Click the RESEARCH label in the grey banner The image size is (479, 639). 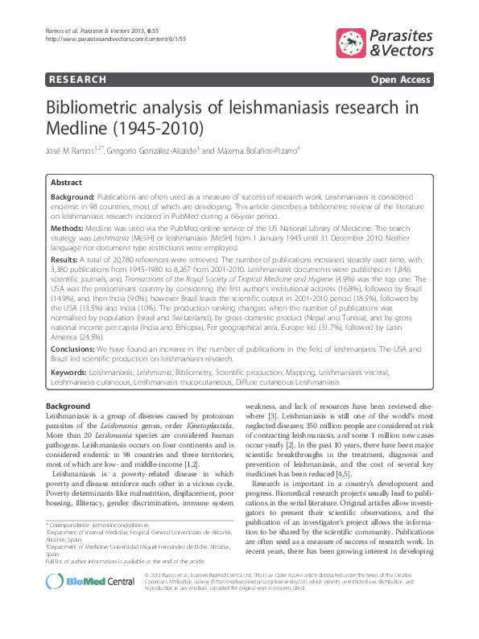(77, 80)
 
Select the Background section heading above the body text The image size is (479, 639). (68, 406)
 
